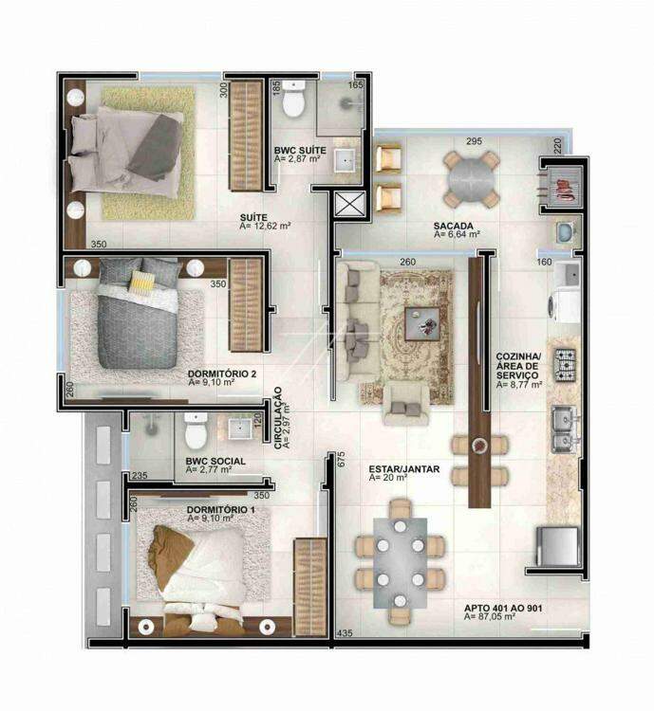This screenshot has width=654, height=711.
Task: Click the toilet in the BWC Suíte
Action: click(x=293, y=99)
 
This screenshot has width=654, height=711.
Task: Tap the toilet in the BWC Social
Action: click(x=196, y=430)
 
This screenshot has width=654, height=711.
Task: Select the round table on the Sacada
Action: click(x=471, y=178)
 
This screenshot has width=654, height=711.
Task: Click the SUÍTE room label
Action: click(x=253, y=217)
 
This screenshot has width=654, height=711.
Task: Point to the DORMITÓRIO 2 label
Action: click(x=222, y=374)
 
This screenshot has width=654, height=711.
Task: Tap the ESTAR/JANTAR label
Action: click(x=404, y=469)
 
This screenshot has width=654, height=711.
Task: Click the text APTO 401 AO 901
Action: click(x=503, y=608)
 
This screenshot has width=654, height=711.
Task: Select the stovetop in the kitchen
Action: click(x=565, y=365)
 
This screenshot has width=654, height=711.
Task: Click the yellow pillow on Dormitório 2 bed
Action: click(x=141, y=283)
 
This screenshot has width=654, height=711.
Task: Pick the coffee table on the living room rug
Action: click(x=422, y=323)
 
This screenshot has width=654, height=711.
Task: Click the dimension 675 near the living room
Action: click(x=342, y=459)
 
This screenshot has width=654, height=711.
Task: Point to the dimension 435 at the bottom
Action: click(x=345, y=632)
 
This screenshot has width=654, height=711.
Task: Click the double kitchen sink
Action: click(x=565, y=428)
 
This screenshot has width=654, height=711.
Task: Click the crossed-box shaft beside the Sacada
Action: click(x=349, y=203)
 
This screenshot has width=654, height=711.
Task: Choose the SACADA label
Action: click(x=454, y=226)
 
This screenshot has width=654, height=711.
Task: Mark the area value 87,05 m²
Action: click(x=490, y=617)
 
